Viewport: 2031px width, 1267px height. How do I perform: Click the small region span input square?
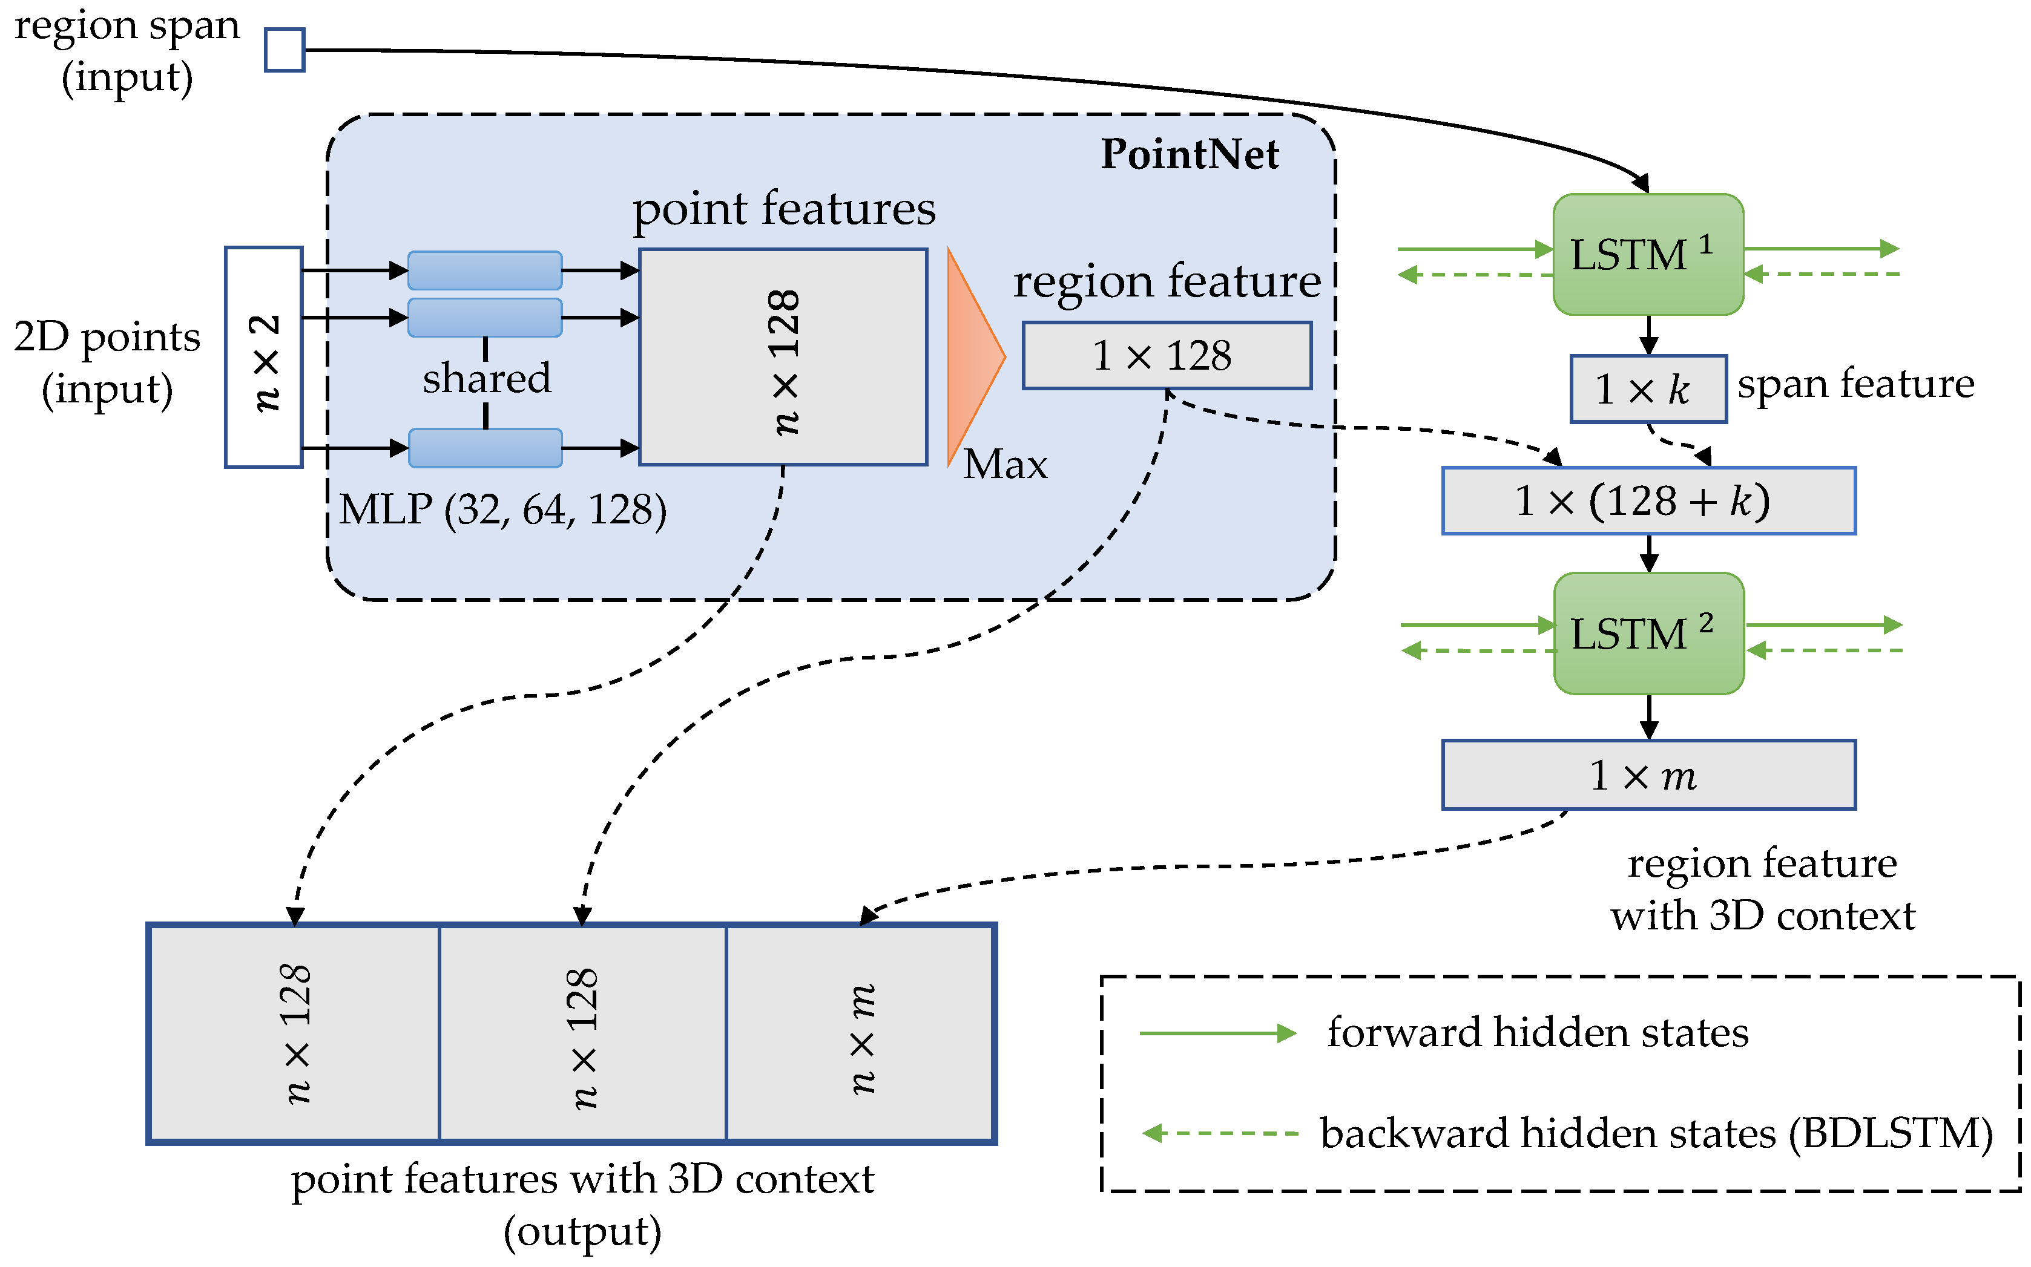pos(284,50)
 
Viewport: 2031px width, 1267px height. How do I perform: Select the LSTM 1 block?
pos(1647,255)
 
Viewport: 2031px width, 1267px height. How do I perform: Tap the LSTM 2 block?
pos(1648,633)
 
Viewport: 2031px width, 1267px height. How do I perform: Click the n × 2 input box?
pos(263,358)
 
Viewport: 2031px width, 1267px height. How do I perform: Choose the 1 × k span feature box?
pos(1647,390)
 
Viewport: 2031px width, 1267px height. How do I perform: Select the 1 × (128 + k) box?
pos(1648,501)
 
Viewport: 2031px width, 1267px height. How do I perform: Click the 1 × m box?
pos(1648,775)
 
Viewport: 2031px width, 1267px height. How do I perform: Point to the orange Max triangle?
pos(972,357)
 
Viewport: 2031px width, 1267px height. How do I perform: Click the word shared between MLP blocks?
pos(486,379)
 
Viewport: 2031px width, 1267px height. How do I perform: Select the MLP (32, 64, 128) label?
pos(503,509)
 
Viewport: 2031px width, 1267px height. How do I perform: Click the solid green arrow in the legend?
pos(1217,1033)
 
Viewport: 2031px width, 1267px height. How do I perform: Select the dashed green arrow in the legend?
pos(1220,1134)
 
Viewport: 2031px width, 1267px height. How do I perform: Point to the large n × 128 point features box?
pos(783,358)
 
